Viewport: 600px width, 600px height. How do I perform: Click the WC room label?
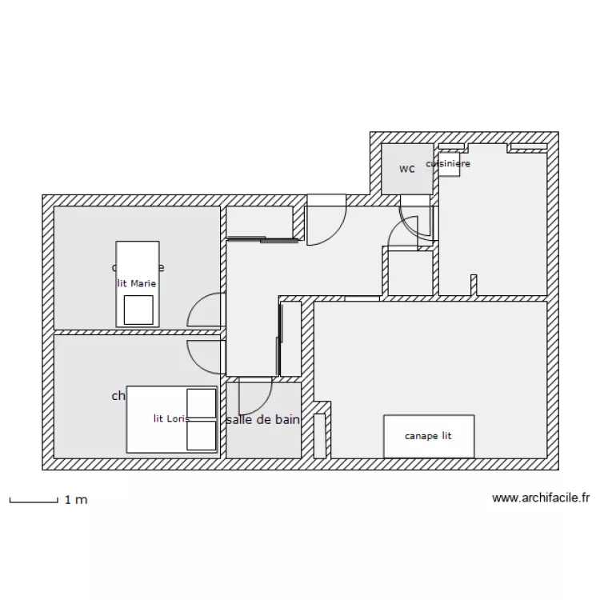click(x=407, y=169)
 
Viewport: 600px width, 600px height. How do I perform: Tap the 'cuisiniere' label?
click(x=448, y=163)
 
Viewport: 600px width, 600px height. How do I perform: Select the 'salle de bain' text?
click(x=263, y=419)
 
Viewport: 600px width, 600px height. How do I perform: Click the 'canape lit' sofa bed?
click(x=429, y=436)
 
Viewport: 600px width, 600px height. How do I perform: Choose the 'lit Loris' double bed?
click(x=172, y=419)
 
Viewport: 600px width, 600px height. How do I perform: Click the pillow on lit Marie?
click(x=138, y=310)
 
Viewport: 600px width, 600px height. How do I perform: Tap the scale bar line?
click(x=34, y=502)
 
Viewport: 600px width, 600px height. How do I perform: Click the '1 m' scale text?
click(x=76, y=500)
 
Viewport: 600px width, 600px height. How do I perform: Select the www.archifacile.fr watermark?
click(x=541, y=498)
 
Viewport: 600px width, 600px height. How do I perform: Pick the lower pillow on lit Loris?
click(x=202, y=435)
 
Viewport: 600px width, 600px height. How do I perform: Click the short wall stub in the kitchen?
click(x=473, y=286)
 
